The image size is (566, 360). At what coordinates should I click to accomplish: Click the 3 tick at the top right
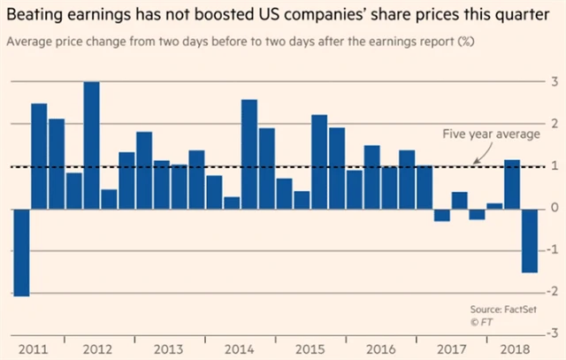coord(553,82)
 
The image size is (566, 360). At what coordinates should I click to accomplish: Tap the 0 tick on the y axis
coord(553,208)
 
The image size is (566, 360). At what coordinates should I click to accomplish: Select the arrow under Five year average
coord(478,155)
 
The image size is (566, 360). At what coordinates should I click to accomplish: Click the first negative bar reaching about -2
coord(21,252)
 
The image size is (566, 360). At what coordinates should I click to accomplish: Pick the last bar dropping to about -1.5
coord(529,241)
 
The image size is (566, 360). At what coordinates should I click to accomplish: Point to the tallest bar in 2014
coord(249,154)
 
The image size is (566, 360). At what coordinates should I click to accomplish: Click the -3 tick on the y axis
coord(551,333)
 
